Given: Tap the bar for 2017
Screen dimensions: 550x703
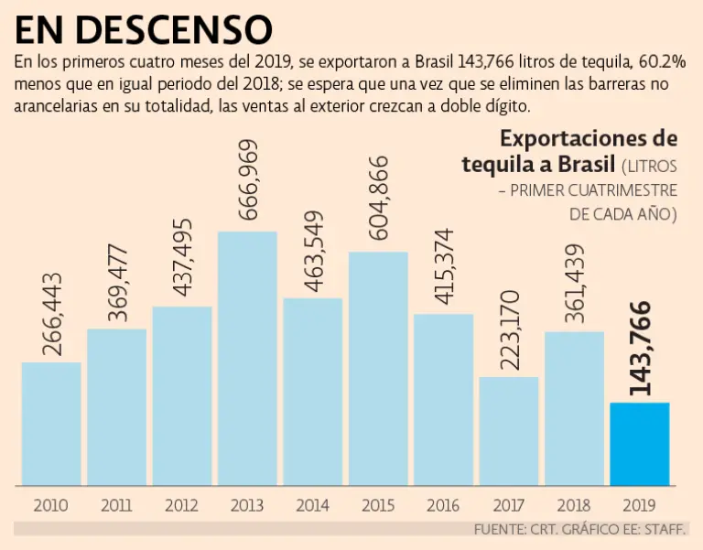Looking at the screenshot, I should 509,430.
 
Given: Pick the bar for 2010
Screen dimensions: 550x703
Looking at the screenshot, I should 51,423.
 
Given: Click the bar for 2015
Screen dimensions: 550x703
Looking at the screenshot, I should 378,367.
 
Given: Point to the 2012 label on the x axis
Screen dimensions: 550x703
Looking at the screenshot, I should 182,504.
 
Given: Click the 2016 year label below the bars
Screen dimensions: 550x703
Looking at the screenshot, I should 443,504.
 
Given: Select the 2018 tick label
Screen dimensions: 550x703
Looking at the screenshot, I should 574,504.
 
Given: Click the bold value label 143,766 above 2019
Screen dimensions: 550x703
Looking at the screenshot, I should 641,349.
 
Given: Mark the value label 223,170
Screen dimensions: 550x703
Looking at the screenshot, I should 510,330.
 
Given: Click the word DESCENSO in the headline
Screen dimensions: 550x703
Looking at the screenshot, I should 175,29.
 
